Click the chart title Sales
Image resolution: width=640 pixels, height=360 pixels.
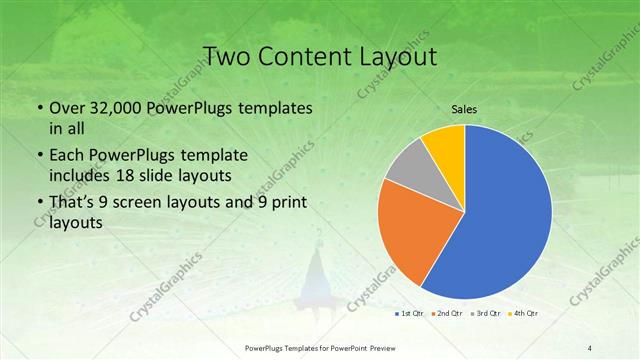point(463,107)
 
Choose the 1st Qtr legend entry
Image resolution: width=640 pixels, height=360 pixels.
point(412,314)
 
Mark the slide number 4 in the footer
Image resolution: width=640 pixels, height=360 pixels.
point(590,347)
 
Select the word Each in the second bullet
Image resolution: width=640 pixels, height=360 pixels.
point(67,156)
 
